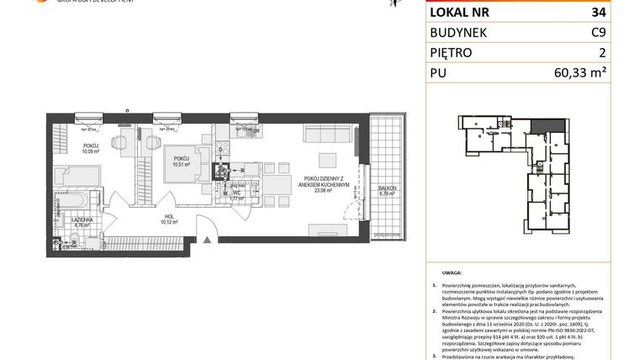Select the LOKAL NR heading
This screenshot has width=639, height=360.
click(461, 13)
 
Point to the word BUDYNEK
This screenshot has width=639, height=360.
click(460, 33)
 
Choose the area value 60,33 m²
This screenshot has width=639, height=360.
click(605, 73)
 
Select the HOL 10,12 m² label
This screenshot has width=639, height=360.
click(169, 220)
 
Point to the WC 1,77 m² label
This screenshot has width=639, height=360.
click(239, 196)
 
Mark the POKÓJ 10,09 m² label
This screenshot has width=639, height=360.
click(90, 150)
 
